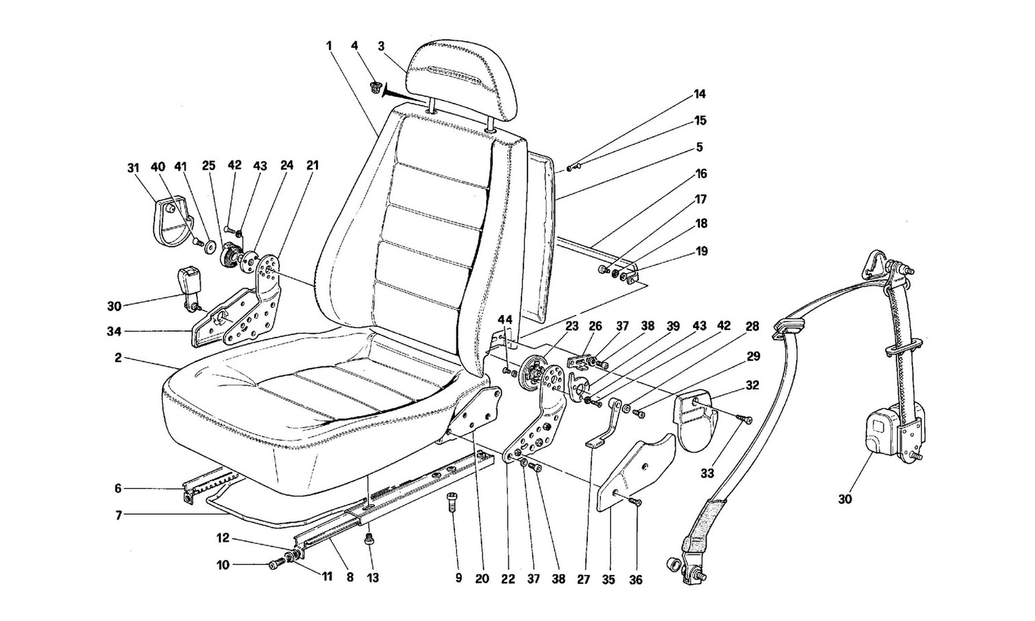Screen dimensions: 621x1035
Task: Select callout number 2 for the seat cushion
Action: [x=119, y=358]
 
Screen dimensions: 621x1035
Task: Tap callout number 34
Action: [x=114, y=332]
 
